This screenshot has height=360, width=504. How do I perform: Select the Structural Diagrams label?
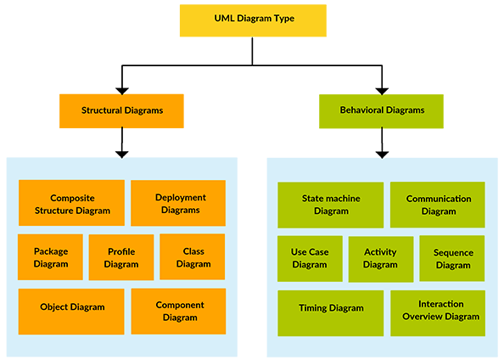[x=122, y=110]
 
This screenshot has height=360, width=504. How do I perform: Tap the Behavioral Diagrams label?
[x=382, y=110]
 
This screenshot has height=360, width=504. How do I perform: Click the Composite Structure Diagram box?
[x=71, y=203]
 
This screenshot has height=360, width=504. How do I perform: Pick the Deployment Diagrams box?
[x=178, y=203]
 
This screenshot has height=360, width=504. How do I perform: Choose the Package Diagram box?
[x=51, y=257]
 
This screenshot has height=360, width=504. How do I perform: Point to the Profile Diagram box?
[x=121, y=257]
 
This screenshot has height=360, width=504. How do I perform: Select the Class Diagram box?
[x=193, y=257]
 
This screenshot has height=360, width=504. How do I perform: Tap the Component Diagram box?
[x=178, y=312]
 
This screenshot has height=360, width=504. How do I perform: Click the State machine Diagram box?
[x=331, y=205]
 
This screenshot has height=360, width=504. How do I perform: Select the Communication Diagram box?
[x=438, y=205]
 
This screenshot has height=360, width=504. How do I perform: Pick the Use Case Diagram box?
[x=310, y=258]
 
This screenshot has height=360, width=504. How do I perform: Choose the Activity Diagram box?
[x=380, y=258]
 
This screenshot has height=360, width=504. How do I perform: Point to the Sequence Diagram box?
[x=453, y=258]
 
